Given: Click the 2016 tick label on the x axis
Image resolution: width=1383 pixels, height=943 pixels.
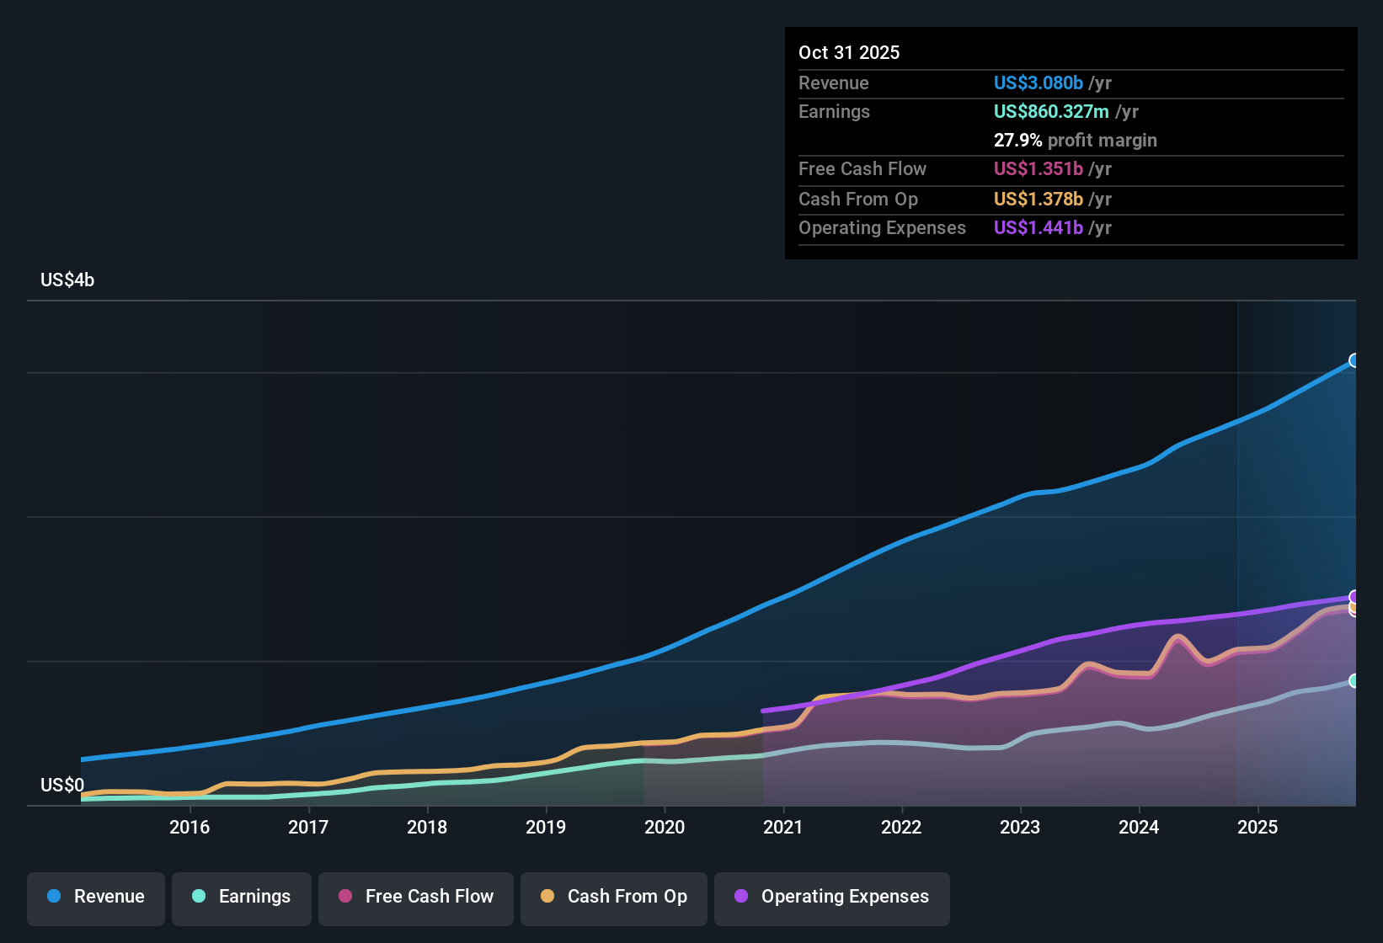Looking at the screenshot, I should [x=190, y=827].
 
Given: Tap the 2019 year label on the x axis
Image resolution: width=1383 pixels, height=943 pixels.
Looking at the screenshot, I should [x=546, y=827].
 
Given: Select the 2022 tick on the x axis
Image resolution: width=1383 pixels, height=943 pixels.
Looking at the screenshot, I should [x=901, y=827].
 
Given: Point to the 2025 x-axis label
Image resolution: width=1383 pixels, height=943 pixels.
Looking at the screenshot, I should [x=1258, y=827].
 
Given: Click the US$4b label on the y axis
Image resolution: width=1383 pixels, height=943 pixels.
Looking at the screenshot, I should [x=67, y=280].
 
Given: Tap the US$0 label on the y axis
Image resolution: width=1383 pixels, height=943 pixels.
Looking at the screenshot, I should [x=62, y=785].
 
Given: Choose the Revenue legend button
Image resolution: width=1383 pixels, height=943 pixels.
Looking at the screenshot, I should [x=96, y=897].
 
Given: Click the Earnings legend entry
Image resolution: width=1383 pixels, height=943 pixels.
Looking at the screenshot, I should [x=242, y=897].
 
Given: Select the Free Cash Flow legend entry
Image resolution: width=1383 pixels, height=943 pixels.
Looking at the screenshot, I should [x=416, y=897].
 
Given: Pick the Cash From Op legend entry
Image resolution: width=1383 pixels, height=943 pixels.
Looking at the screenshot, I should [x=614, y=897].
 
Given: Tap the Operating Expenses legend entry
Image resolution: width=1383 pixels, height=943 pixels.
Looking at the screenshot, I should [x=832, y=897].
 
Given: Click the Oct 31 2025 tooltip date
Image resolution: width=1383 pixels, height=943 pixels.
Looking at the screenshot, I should [x=849, y=52].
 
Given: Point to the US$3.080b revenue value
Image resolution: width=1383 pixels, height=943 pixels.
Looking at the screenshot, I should [x=1038, y=83].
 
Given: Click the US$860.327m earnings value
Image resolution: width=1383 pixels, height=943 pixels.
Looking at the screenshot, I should [x=1051, y=111].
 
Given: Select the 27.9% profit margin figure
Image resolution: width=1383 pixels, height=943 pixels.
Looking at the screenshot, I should [x=1017, y=140].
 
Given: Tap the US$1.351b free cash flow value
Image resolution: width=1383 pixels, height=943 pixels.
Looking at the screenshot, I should [x=1038, y=168].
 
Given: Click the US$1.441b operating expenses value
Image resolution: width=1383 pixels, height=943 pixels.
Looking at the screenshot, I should [x=1038, y=227].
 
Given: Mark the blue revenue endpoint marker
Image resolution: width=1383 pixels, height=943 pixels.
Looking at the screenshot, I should [x=1354, y=360].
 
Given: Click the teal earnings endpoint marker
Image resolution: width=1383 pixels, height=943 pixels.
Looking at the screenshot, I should [x=1354, y=680].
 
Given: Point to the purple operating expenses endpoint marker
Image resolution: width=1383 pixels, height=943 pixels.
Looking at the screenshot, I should [x=1354, y=597].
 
